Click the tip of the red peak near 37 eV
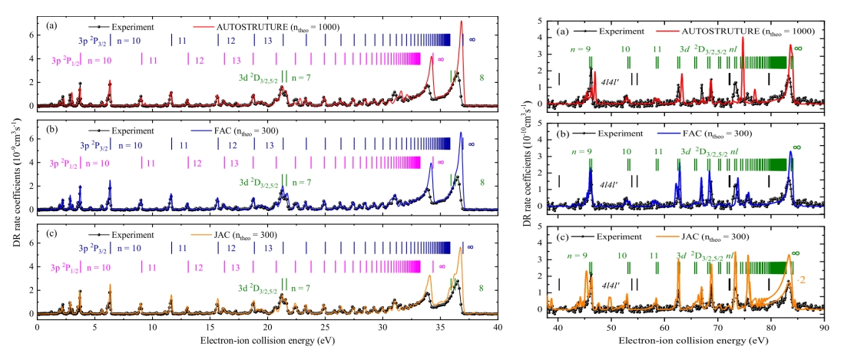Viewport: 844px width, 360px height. pos(461,21)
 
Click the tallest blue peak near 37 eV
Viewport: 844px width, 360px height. pos(461,133)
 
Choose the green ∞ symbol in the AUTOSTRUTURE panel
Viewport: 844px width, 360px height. pos(798,48)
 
